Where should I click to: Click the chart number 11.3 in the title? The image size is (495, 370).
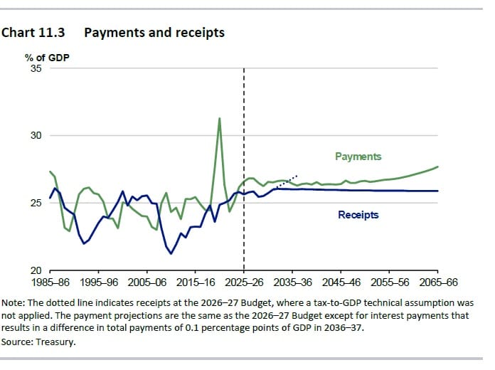coord(51,33)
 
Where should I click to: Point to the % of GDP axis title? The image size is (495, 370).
coord(47,58)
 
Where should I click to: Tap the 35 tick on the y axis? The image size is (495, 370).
coord(36,68)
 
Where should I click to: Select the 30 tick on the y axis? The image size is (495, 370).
coord(36,135)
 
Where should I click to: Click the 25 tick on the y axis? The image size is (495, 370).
coord(36,203)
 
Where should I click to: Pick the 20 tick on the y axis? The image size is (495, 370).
coord(36,270)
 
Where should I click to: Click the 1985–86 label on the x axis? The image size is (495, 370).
coord(50,282)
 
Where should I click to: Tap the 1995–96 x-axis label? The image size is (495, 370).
coord(99,282)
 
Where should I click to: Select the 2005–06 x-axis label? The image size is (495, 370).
coord(147,282)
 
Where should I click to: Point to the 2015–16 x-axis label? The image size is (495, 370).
coord(196,282)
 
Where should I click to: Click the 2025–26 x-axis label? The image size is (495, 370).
coord(244,282)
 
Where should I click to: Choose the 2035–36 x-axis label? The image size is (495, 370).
coord(292,282)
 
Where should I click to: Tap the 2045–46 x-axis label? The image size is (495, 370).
coord(341,282)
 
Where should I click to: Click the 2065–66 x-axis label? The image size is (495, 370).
coord(438,282)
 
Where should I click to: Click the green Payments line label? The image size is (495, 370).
coord(358,157)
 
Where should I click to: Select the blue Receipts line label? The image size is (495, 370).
coord(358,215)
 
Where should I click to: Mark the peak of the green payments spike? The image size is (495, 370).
coord(219,118)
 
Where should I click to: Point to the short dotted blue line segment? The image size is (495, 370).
coord(287,181)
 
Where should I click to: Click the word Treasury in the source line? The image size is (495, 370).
coord(55,342)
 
